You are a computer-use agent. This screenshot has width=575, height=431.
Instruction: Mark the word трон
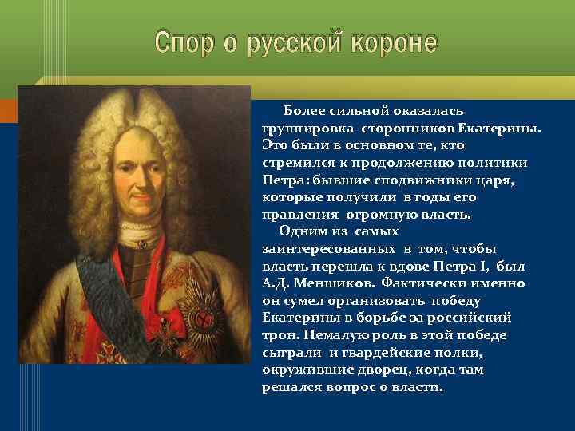[278, 336]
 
